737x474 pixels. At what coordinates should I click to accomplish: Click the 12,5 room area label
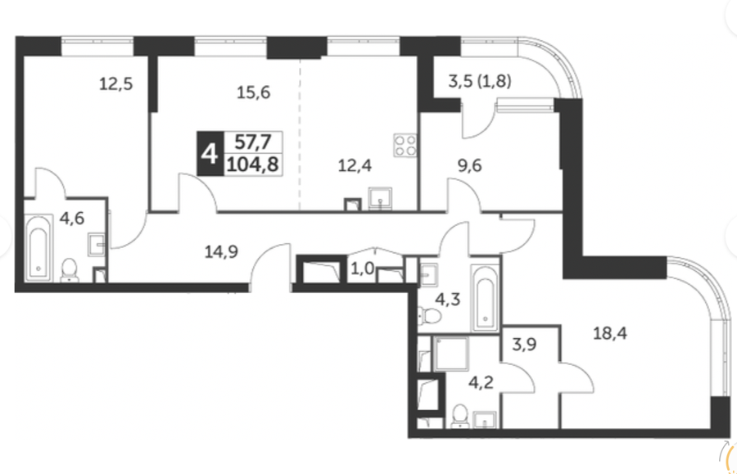[x=115, y=84]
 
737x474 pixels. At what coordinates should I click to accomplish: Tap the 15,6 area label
[x=253, y=93]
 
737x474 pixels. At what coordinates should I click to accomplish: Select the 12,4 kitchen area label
[x=355, y=165]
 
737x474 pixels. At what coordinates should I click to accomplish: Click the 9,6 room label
[x=469, y=165]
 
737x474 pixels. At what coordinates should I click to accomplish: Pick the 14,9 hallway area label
[x=221, y=252]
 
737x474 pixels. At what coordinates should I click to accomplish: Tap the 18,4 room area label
[x=609, y=333]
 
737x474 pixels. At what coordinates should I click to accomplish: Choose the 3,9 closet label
[x=524, y=345]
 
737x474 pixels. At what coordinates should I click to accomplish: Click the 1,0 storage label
[x=363, y=269]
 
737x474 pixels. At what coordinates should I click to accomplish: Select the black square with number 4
[x=210, y=154]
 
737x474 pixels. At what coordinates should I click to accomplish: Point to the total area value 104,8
[x=253, y=165]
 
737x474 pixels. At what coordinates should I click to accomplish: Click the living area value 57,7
[x=253, y=142]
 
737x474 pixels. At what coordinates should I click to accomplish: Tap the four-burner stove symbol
[x=405, y=145]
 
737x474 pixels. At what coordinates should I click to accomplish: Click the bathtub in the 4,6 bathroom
[x=38, y=248]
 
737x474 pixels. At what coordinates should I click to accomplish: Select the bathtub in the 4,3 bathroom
[x=485, y=297]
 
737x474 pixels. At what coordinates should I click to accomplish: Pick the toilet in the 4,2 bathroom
[x=459, y=416]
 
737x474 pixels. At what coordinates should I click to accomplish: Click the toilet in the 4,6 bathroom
[x=70, y=270]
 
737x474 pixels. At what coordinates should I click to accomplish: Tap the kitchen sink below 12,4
[x=380, y=198]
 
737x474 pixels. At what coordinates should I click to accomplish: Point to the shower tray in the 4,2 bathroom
[x=451, y=354]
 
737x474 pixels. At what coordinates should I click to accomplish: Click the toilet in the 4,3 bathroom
[x=430, y=315]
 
